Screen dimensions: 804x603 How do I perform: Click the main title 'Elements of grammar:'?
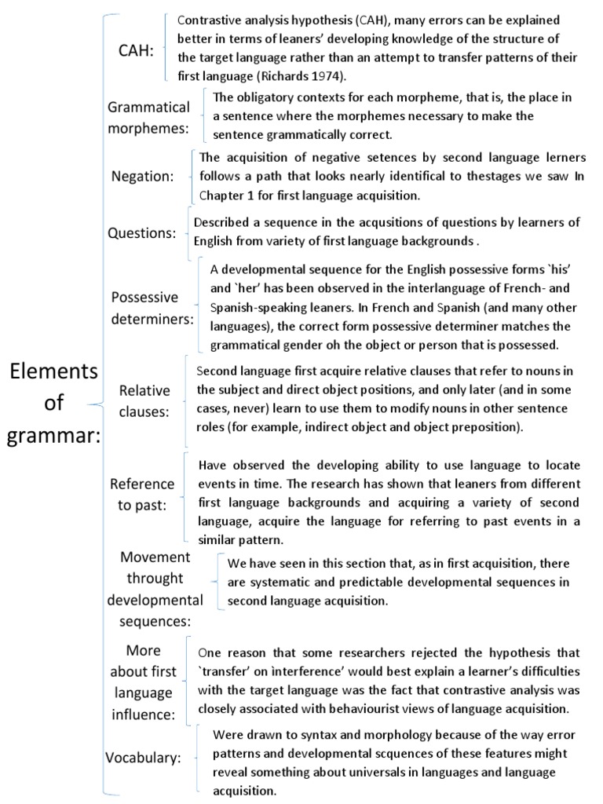[53, 404]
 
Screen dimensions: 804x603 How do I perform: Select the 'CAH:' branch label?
[136, 50]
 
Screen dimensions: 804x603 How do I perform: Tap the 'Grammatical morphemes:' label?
[148, 117]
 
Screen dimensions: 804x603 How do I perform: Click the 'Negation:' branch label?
[142, 176]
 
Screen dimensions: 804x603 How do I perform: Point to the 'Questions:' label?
[142, 233]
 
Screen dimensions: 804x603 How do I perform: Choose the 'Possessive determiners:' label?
[152, 309]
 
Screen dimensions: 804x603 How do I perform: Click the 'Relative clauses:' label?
[144, 401]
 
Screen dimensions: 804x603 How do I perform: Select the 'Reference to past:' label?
[143, 495]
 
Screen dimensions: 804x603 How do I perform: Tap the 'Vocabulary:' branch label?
[143, 758]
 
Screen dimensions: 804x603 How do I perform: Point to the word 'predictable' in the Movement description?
[347, 583]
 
